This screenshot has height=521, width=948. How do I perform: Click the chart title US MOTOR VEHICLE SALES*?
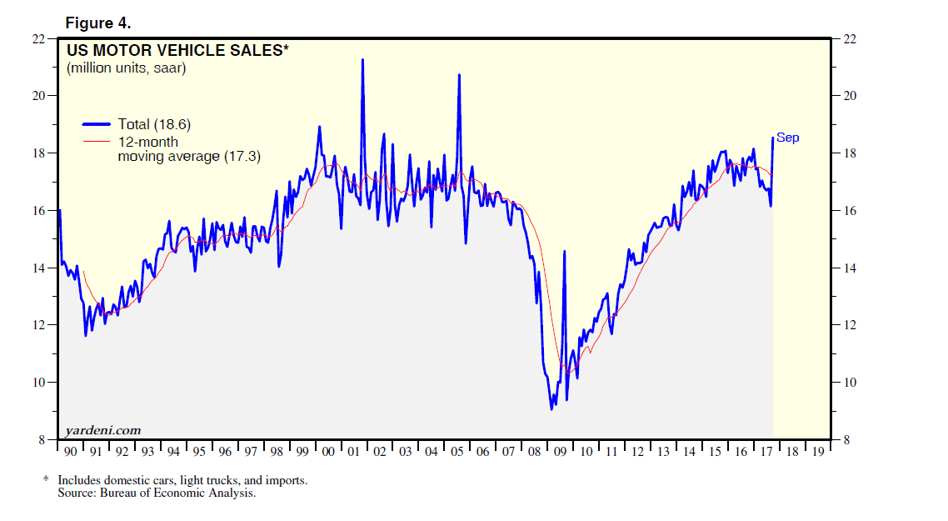pyautogui.click(x=178, y=51)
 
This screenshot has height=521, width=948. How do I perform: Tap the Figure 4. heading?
pyautogui.click(x=98, y=23)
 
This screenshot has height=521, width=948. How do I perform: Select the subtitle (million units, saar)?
pyautogui.click(x=127, y=68)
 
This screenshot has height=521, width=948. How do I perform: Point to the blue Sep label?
pyautogui.click(x=788, y=138)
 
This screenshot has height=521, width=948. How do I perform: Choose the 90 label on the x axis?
pyautogui.click(x=71, y=451)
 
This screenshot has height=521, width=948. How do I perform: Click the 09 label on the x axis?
pyautogui.click(x=561, y=451)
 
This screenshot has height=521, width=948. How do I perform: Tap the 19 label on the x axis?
pyautogui.click(x=818, y=451)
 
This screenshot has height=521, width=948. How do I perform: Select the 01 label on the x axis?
pyautogui.click(x=354, y=451)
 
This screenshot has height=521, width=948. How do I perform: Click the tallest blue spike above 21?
pyautogui.click(x=362, y=60)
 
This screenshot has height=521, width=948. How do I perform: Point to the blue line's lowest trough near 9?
pyautogui.click(x=551, y=408)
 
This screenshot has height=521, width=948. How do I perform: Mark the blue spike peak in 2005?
pyautogui.click(x=459, y=75)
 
